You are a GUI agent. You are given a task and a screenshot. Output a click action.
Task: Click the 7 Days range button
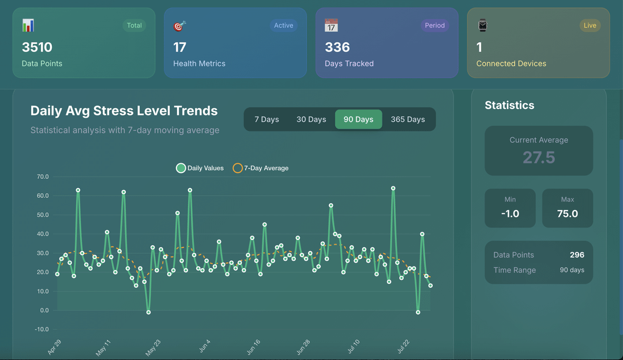click(267, 119)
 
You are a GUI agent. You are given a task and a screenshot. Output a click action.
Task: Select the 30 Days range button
click(311, 119)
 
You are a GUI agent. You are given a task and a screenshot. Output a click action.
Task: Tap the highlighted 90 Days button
click(358, 119)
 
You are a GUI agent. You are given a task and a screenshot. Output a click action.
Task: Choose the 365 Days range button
click(408, 119)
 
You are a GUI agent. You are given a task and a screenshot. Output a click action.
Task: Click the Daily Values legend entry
click(200, 168)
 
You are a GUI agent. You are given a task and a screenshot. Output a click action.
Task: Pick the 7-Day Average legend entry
click(261, 168)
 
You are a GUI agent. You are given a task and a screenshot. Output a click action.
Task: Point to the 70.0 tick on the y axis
click(43, 177)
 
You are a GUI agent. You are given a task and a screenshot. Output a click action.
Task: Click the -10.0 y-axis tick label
click(42, 329)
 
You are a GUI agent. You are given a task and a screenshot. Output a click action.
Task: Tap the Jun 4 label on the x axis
click(205, 347)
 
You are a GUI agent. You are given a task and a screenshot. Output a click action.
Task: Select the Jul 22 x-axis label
click(404, 347)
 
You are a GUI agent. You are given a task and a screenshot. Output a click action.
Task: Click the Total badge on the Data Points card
click(134, 25)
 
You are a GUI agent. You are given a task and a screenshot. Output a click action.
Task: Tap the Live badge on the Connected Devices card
click(590, 25)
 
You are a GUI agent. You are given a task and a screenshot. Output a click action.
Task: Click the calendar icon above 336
click(331, 25)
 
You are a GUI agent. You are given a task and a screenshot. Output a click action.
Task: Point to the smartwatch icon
click(482, 25)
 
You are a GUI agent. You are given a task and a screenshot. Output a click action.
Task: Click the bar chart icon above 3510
click(28, 25)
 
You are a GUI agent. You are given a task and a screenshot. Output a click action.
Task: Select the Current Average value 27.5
click(539, 157)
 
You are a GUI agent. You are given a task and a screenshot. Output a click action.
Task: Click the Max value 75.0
click(568, 213)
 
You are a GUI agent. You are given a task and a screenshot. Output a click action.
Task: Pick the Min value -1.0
click(510, 213)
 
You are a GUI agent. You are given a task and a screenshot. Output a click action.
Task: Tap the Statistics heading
click(509, 106)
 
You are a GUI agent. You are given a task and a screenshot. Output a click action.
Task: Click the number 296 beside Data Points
click(577, 254)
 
